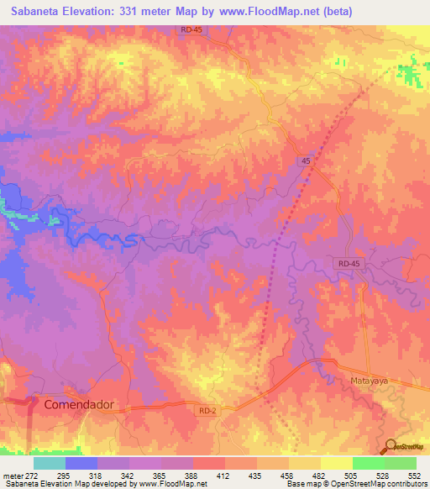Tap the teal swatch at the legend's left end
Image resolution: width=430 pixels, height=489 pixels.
click(49, 463)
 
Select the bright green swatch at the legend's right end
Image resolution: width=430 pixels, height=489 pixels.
click(400, 463)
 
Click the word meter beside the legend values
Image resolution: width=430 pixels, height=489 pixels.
click(14, 476)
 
